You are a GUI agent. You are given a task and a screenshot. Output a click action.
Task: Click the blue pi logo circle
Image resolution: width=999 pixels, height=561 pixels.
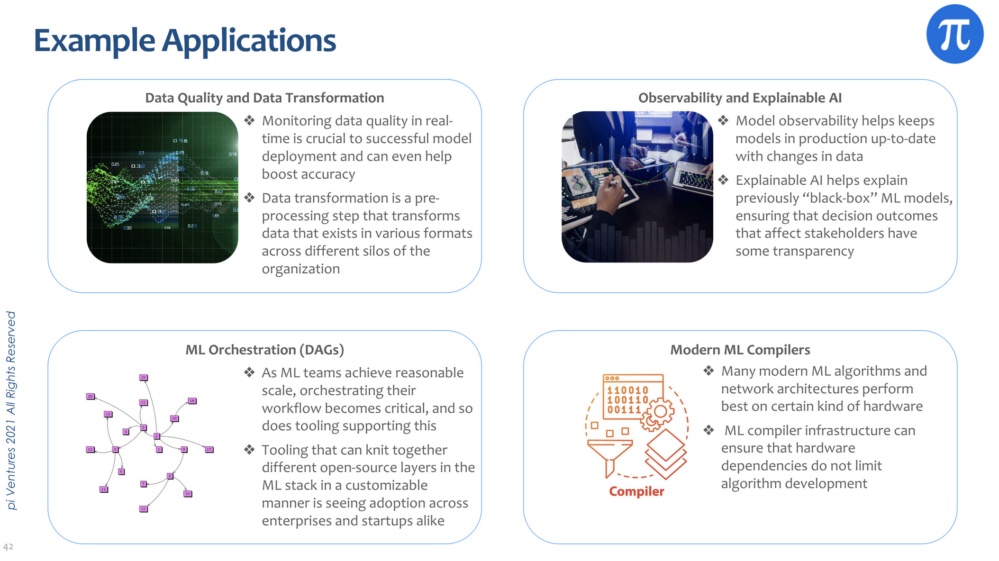coord(954,34)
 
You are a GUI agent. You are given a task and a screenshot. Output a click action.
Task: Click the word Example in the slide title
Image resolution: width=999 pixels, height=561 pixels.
coord(94,41)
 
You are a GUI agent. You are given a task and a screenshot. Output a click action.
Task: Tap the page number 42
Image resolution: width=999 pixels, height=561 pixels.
coord(8,547)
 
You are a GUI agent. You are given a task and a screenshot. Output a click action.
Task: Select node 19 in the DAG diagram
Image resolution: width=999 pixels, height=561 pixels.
coord(144,378)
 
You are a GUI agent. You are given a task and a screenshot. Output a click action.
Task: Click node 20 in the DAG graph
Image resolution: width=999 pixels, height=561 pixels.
coord(90,396)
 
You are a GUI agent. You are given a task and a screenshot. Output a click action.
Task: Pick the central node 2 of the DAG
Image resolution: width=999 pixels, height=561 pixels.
coord(156,436)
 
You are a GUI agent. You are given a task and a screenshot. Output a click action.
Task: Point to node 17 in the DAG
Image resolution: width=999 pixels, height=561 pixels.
coord(209,449)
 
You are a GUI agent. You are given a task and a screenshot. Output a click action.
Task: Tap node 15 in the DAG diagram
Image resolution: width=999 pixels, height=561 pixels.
coord(144,509)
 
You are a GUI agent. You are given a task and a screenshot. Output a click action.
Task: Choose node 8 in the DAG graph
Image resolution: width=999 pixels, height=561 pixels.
coord(170,476)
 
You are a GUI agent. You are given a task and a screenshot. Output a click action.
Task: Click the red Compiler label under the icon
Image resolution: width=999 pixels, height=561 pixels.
coord(636,491)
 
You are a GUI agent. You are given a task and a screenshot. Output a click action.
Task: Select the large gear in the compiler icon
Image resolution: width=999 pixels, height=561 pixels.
coord(658,411)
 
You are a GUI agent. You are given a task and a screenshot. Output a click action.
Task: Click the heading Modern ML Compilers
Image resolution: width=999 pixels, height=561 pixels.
coord(740,350)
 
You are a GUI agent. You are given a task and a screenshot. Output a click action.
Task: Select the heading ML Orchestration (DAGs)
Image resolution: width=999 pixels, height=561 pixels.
coord(264,350)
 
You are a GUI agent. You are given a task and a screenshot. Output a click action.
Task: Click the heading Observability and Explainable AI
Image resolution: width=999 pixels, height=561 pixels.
coord(740,98)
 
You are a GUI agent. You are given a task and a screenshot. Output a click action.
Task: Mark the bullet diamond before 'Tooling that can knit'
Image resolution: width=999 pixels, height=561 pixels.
coord(249,450)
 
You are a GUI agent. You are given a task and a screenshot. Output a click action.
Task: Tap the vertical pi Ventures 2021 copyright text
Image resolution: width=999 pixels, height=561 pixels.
coord(11,410)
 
